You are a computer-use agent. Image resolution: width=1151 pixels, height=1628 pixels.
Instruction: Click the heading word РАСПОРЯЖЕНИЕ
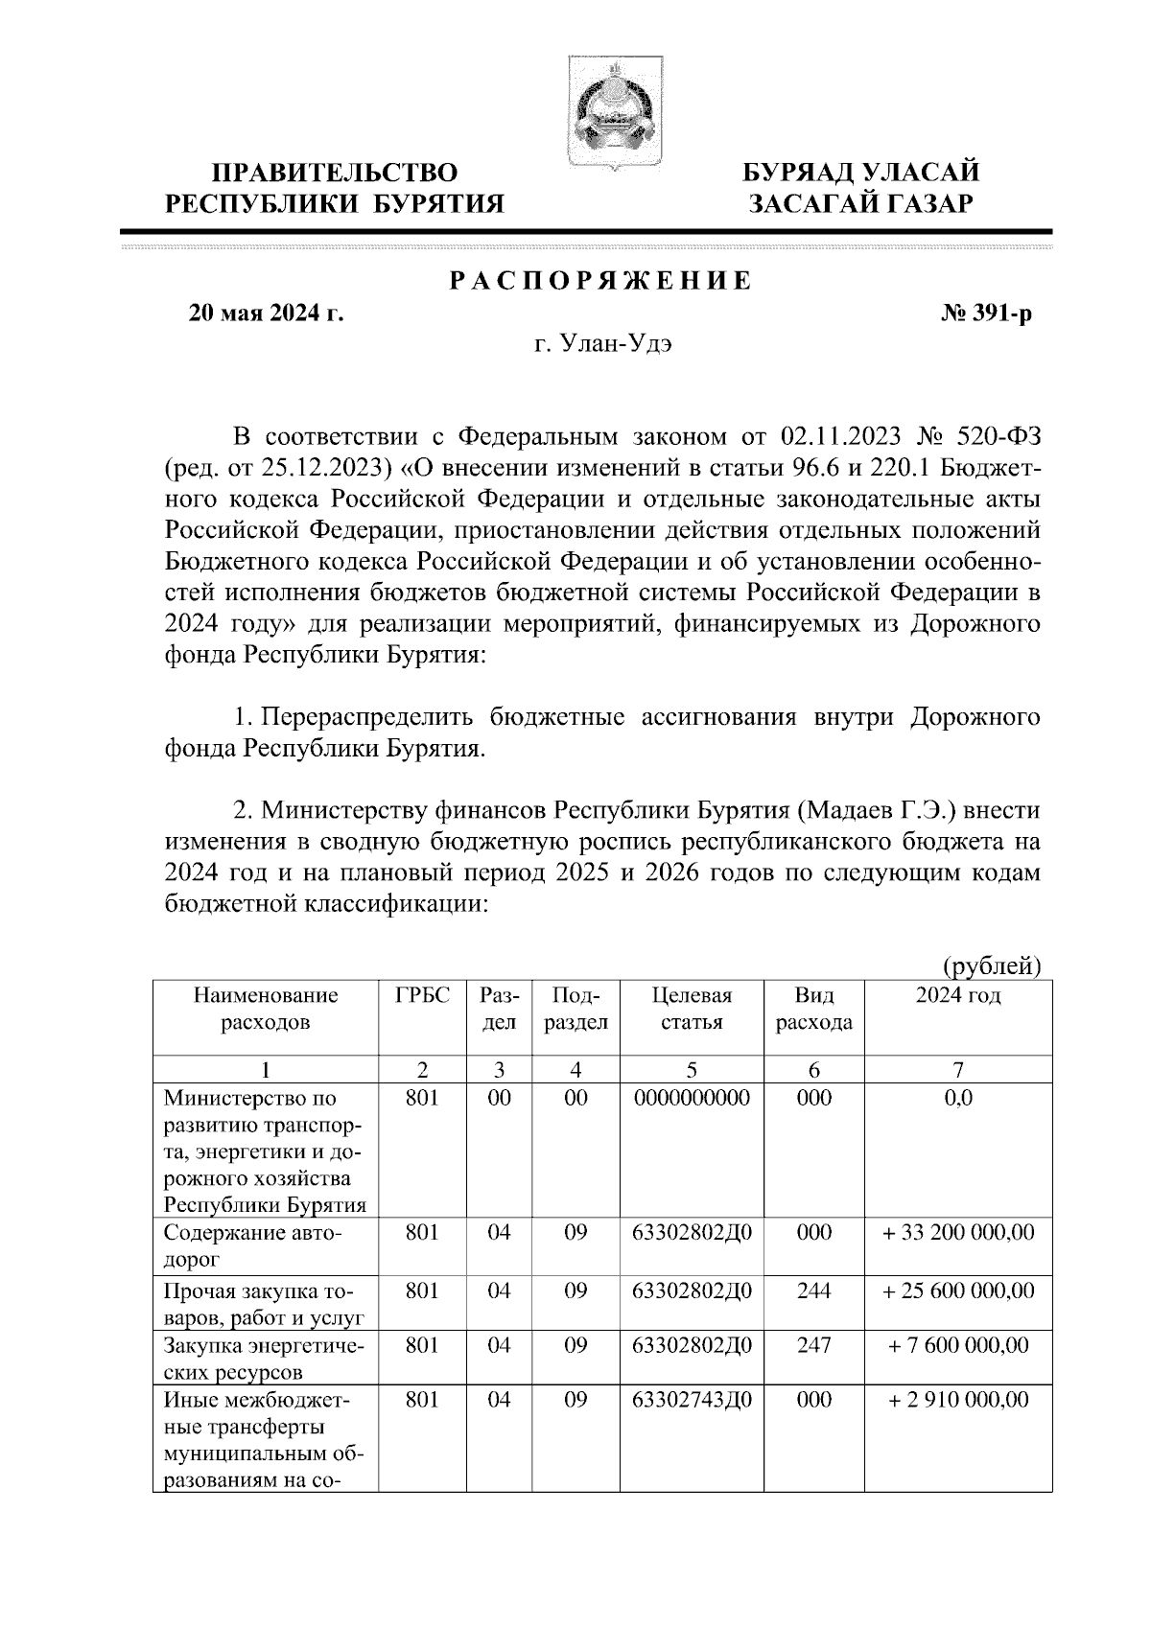[601, 281]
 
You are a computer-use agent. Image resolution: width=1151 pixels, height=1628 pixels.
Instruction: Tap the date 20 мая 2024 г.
[267, 314]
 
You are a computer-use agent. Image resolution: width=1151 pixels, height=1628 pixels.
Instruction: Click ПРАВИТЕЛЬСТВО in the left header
[335, 174]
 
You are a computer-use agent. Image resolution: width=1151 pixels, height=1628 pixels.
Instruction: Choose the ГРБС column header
[422, 995]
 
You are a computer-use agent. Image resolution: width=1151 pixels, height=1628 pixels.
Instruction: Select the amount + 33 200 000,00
[957, 1232]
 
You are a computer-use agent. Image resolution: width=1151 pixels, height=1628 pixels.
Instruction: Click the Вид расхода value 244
[813, 1291]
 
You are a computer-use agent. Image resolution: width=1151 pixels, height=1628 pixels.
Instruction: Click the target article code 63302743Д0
[692, 1401]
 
